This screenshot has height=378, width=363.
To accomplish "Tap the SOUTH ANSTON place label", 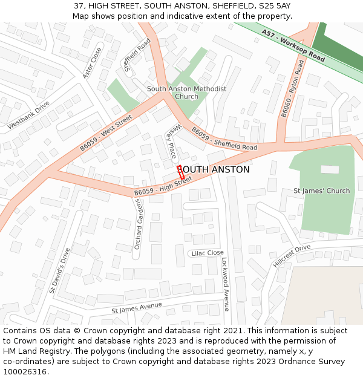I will click(215, 170).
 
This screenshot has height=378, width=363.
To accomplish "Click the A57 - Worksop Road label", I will click(293, 46).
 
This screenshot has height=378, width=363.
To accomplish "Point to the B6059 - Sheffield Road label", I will click(224, 139).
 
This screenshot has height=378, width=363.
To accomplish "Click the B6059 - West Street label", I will click(106, 134).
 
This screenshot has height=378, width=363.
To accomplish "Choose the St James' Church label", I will click(321, 191).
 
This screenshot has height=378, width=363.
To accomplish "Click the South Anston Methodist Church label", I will click(186, 93).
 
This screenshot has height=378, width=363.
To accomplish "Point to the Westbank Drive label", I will click(28, 115).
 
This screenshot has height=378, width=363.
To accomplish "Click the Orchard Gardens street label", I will click(138, 225).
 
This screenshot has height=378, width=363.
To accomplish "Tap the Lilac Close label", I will click(208, 253).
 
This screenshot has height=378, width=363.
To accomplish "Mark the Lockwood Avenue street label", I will click(225, 284).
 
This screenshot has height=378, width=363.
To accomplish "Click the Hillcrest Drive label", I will click(291, 255).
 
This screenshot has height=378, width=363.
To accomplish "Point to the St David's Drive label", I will click(60, 270).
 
